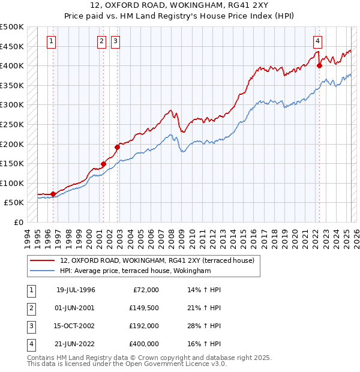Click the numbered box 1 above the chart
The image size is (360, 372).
pos(52,41)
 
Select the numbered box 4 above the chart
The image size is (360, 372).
pos(317,41)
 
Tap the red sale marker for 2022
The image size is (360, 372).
pos(319,65)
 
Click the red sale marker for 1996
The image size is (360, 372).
pos(53,194)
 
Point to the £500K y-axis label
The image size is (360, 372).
pos(12,27)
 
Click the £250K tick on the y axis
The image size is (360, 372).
pos(12,124)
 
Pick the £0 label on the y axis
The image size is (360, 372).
pos(18,222)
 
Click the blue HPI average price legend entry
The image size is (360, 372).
pos(136,271)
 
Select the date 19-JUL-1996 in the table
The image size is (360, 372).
pos(76,290)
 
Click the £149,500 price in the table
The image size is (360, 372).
pos(144,308)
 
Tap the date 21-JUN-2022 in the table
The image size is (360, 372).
pos(76,344)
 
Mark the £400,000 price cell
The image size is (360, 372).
pos(144,344)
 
